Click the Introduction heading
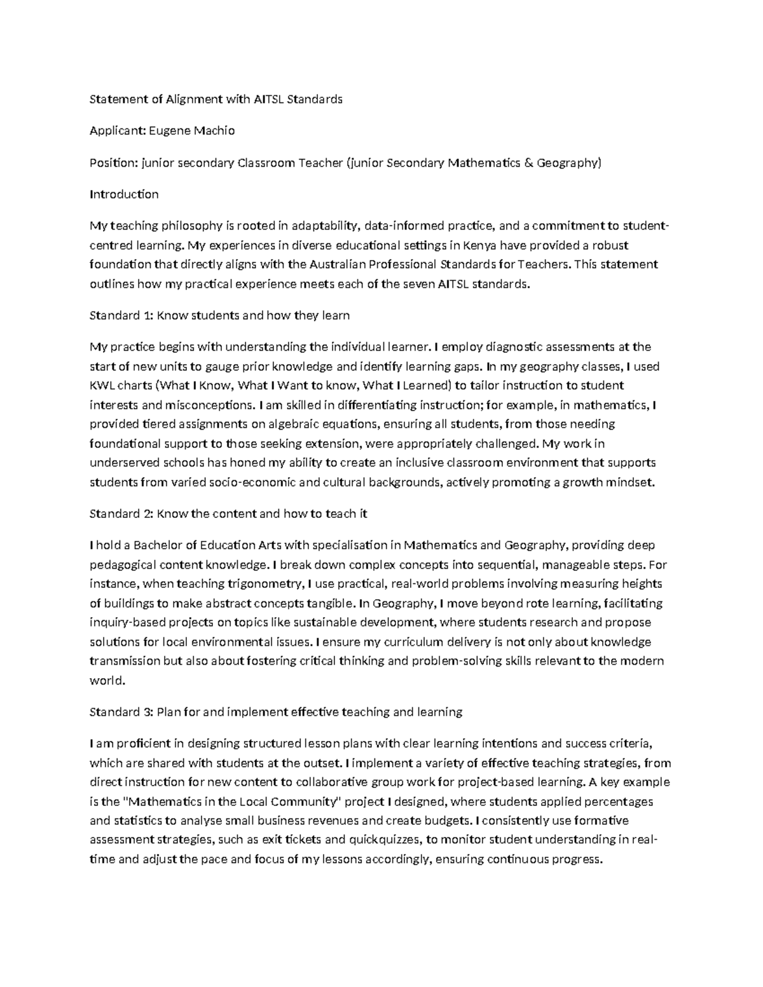coord(124,194)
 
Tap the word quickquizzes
coord(385,840)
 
